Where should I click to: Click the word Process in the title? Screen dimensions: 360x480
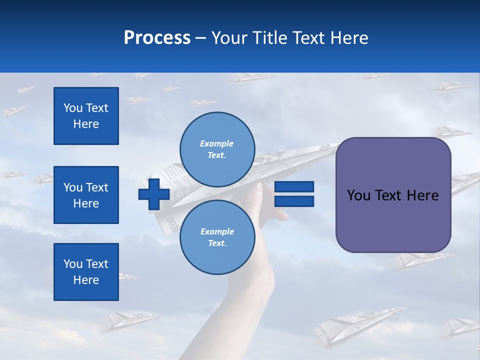point(157,38)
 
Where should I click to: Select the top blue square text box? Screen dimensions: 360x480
point(86,116)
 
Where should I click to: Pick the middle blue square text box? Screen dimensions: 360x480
point(86,195)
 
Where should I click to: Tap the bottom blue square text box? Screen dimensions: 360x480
point(86,272)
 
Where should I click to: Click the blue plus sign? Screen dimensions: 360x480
point(154,194)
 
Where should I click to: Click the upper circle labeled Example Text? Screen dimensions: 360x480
point(217,149)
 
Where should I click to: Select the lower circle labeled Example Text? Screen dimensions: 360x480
point(217,237)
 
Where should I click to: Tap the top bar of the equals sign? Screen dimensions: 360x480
point(294,186)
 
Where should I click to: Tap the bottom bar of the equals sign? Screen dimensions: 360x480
point(294,201)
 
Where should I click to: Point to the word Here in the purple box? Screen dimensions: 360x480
point(422,195)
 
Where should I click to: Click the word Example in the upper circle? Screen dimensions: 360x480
point(217,143)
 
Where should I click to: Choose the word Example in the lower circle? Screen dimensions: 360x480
point(217,231)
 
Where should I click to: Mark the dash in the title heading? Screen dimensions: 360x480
point(201,38)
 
